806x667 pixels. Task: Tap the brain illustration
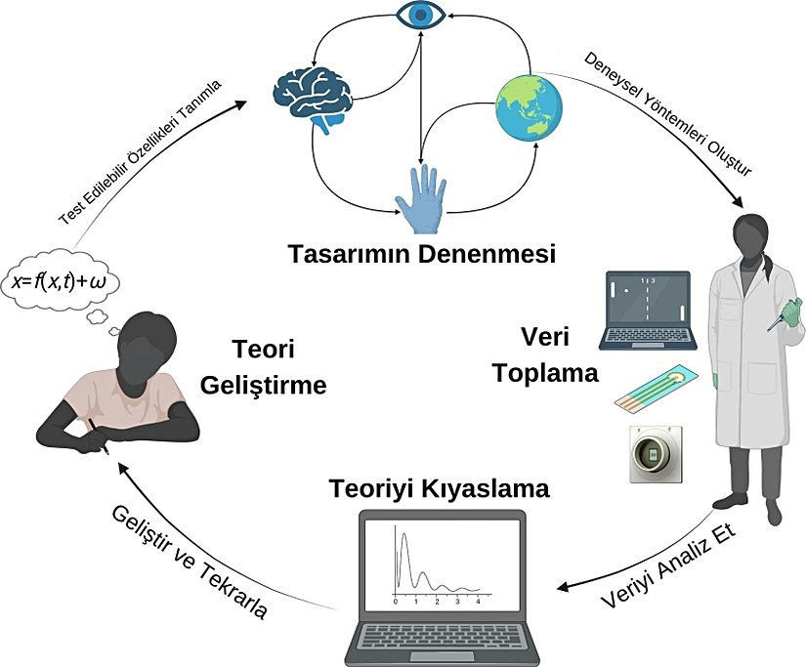(x=313, y=94)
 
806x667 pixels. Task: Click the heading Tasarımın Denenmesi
(x=421, y=256)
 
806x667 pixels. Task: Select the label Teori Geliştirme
(x=262, y=367)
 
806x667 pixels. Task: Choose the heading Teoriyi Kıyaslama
(x=439, y=486)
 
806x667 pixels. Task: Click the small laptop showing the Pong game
(x=647, y=308)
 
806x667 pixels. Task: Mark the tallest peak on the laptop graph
(x=400, y=533)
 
